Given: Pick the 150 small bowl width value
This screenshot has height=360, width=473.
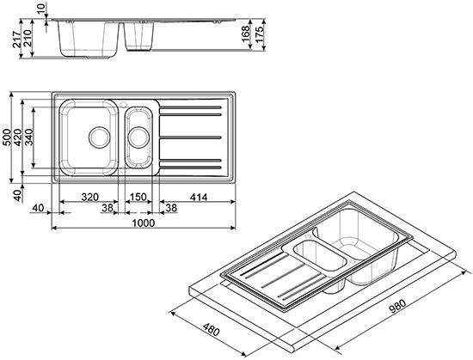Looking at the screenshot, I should pos(138,196).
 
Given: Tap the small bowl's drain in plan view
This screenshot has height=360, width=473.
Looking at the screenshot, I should pos(138,135).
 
